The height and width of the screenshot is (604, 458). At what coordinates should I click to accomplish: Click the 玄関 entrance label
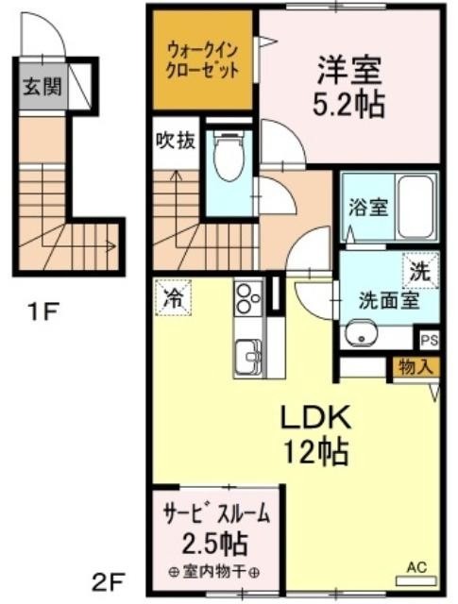(42, 86)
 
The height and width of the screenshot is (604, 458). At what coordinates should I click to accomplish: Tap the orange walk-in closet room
(203, 59)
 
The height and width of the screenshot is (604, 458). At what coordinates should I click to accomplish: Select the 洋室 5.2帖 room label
(348, 87)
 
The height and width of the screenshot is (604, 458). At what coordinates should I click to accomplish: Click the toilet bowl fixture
(229, 158)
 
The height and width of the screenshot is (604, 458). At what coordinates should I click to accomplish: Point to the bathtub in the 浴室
(415, 207)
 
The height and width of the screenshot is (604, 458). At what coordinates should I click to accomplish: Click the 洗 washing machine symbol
(420, 271)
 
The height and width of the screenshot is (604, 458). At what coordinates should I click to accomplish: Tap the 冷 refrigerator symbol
(174, 298)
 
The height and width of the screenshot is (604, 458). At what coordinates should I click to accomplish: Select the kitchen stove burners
(248, 297)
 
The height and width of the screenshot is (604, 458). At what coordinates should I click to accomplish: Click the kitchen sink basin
(248, 358)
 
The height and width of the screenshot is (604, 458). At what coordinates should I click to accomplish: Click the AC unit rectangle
(416, 580)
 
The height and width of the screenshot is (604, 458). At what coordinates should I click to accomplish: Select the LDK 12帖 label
(315, 434)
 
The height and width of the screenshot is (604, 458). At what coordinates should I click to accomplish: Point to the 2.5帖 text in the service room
(214, 544)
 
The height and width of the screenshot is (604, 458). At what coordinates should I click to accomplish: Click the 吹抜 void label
(176, 142)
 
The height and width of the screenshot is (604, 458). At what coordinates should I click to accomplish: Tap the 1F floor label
(42, 311)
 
